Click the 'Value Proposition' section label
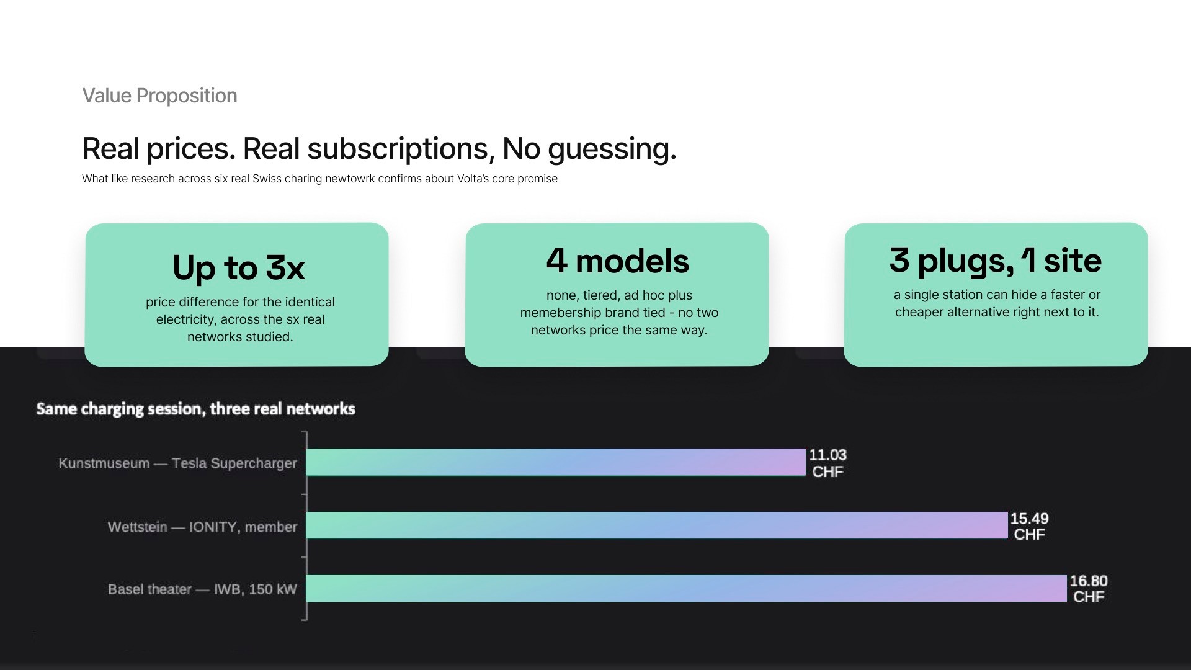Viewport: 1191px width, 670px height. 159,96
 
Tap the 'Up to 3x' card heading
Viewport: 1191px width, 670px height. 239,268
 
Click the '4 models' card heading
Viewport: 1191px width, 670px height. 617,261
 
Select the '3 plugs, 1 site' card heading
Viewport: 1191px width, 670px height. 996,261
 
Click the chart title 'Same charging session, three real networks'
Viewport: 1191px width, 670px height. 195,409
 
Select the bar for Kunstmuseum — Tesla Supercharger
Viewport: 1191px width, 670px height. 556,462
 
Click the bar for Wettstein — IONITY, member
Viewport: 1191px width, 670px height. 657,525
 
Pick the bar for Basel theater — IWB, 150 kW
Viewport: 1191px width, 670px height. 687,588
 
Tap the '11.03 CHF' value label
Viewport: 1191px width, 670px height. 827,463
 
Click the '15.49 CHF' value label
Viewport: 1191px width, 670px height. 1029,527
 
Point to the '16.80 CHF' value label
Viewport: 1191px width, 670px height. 1089,589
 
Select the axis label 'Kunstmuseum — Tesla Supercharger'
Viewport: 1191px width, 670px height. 178,463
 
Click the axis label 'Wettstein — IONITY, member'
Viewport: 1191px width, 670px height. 202,527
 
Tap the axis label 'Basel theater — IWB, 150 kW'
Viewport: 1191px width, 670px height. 202,589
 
